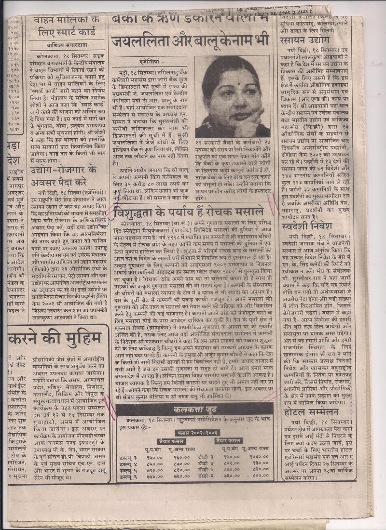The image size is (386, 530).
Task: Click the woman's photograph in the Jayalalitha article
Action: click(x=233, y=96)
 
